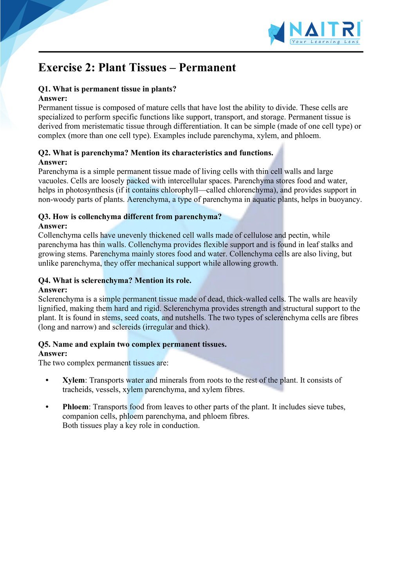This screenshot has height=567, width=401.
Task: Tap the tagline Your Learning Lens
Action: pyautogui.click(x=325, y=42)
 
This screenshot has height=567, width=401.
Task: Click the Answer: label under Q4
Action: pyautogui.click(x=53, y=290)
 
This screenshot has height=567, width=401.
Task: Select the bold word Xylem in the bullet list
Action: pyautogui.click(x=73, y=380)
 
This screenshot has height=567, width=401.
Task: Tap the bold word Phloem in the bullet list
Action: pyautogui.click(x=75, y=407)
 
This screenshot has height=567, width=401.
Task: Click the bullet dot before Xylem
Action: pyautogui.click(x=47, y=380)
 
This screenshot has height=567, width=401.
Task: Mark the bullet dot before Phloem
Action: pyautogui.click(x=47, y=407)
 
